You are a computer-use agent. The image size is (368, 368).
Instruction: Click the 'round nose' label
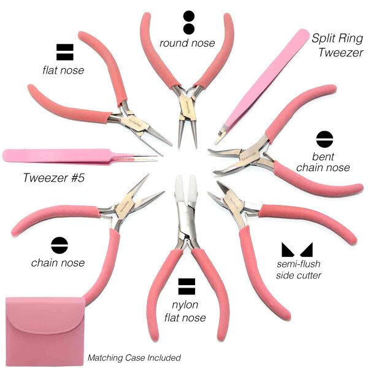click(x=187, y=44)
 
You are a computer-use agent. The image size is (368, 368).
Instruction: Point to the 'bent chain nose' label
click(x=323, y=161)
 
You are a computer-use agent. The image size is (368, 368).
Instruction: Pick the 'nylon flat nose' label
click(x=188, y=311)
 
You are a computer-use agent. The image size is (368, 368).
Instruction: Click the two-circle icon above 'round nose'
click(x=188, y=22)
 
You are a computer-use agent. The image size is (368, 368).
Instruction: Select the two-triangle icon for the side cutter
click(x=297, y=249)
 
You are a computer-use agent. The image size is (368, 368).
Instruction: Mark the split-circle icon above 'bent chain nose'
click(x=323, y=138)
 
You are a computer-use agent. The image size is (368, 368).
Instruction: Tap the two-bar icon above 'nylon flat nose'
click(x=186, y=285)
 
